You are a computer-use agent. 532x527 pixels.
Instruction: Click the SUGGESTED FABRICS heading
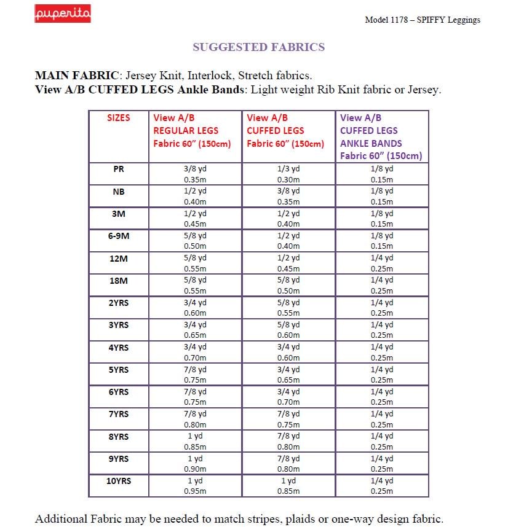pyautogui.click(x=258, y=47)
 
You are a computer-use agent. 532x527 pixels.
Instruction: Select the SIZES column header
pyautogui.click(x=119, y=117)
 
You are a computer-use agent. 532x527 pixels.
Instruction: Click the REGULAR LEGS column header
pyautogui.click(x=186, y=130)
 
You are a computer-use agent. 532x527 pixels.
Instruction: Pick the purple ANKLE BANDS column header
pyautogui.click(x=371, y=143)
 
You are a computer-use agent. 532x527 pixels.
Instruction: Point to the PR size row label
pyautogui.click(x=119, y=169)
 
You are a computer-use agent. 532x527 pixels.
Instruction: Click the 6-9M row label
pyautogui.click(x=119, y=236)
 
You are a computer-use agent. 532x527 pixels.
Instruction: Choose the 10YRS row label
pyautogui.click(x=119, y=481)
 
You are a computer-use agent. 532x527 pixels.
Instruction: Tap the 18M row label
pyautogui.click(x=119, y=280)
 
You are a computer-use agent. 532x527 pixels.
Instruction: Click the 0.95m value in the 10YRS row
pyautogui.click(x=195, y=491)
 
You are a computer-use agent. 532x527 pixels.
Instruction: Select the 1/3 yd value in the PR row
pyautogui.click(x=288, y=169)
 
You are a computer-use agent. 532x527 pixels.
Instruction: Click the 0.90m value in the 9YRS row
pyautogui.click(x=195, y=469)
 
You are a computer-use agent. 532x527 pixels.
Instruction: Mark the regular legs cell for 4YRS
pyautogui.click(x=195, y=352)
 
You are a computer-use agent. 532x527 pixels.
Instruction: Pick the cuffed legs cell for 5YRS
pyautogui.click(x=288, y=375)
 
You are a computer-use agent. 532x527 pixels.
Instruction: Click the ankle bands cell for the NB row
pyautogui.click(x=381, y=196)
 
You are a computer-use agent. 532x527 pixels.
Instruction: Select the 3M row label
pyautogui.click(x=119, y=213)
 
